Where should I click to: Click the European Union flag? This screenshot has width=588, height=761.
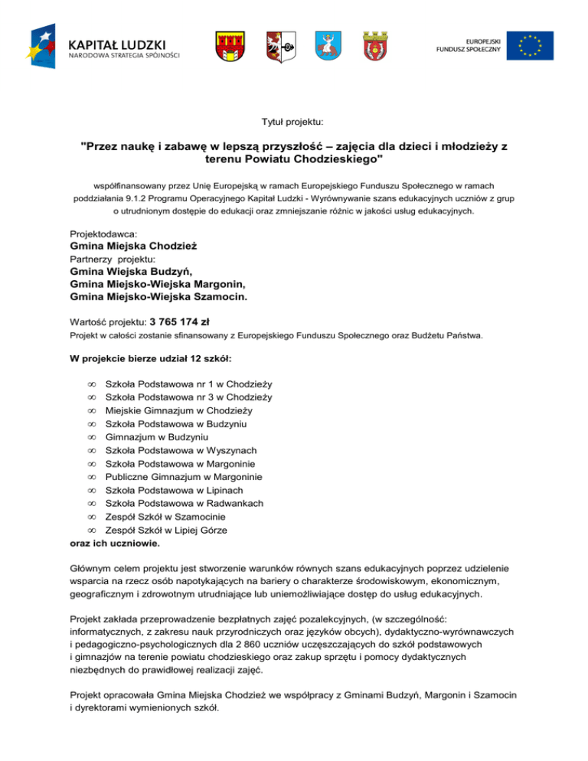pos(534,45)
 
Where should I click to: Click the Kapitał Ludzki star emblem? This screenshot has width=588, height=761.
pos(45,44)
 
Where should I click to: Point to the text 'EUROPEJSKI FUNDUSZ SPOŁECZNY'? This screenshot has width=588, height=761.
pos(473,45)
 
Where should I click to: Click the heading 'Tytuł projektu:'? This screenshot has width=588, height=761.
pos(293,121)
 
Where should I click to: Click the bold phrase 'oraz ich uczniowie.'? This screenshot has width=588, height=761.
pos(116,543)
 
